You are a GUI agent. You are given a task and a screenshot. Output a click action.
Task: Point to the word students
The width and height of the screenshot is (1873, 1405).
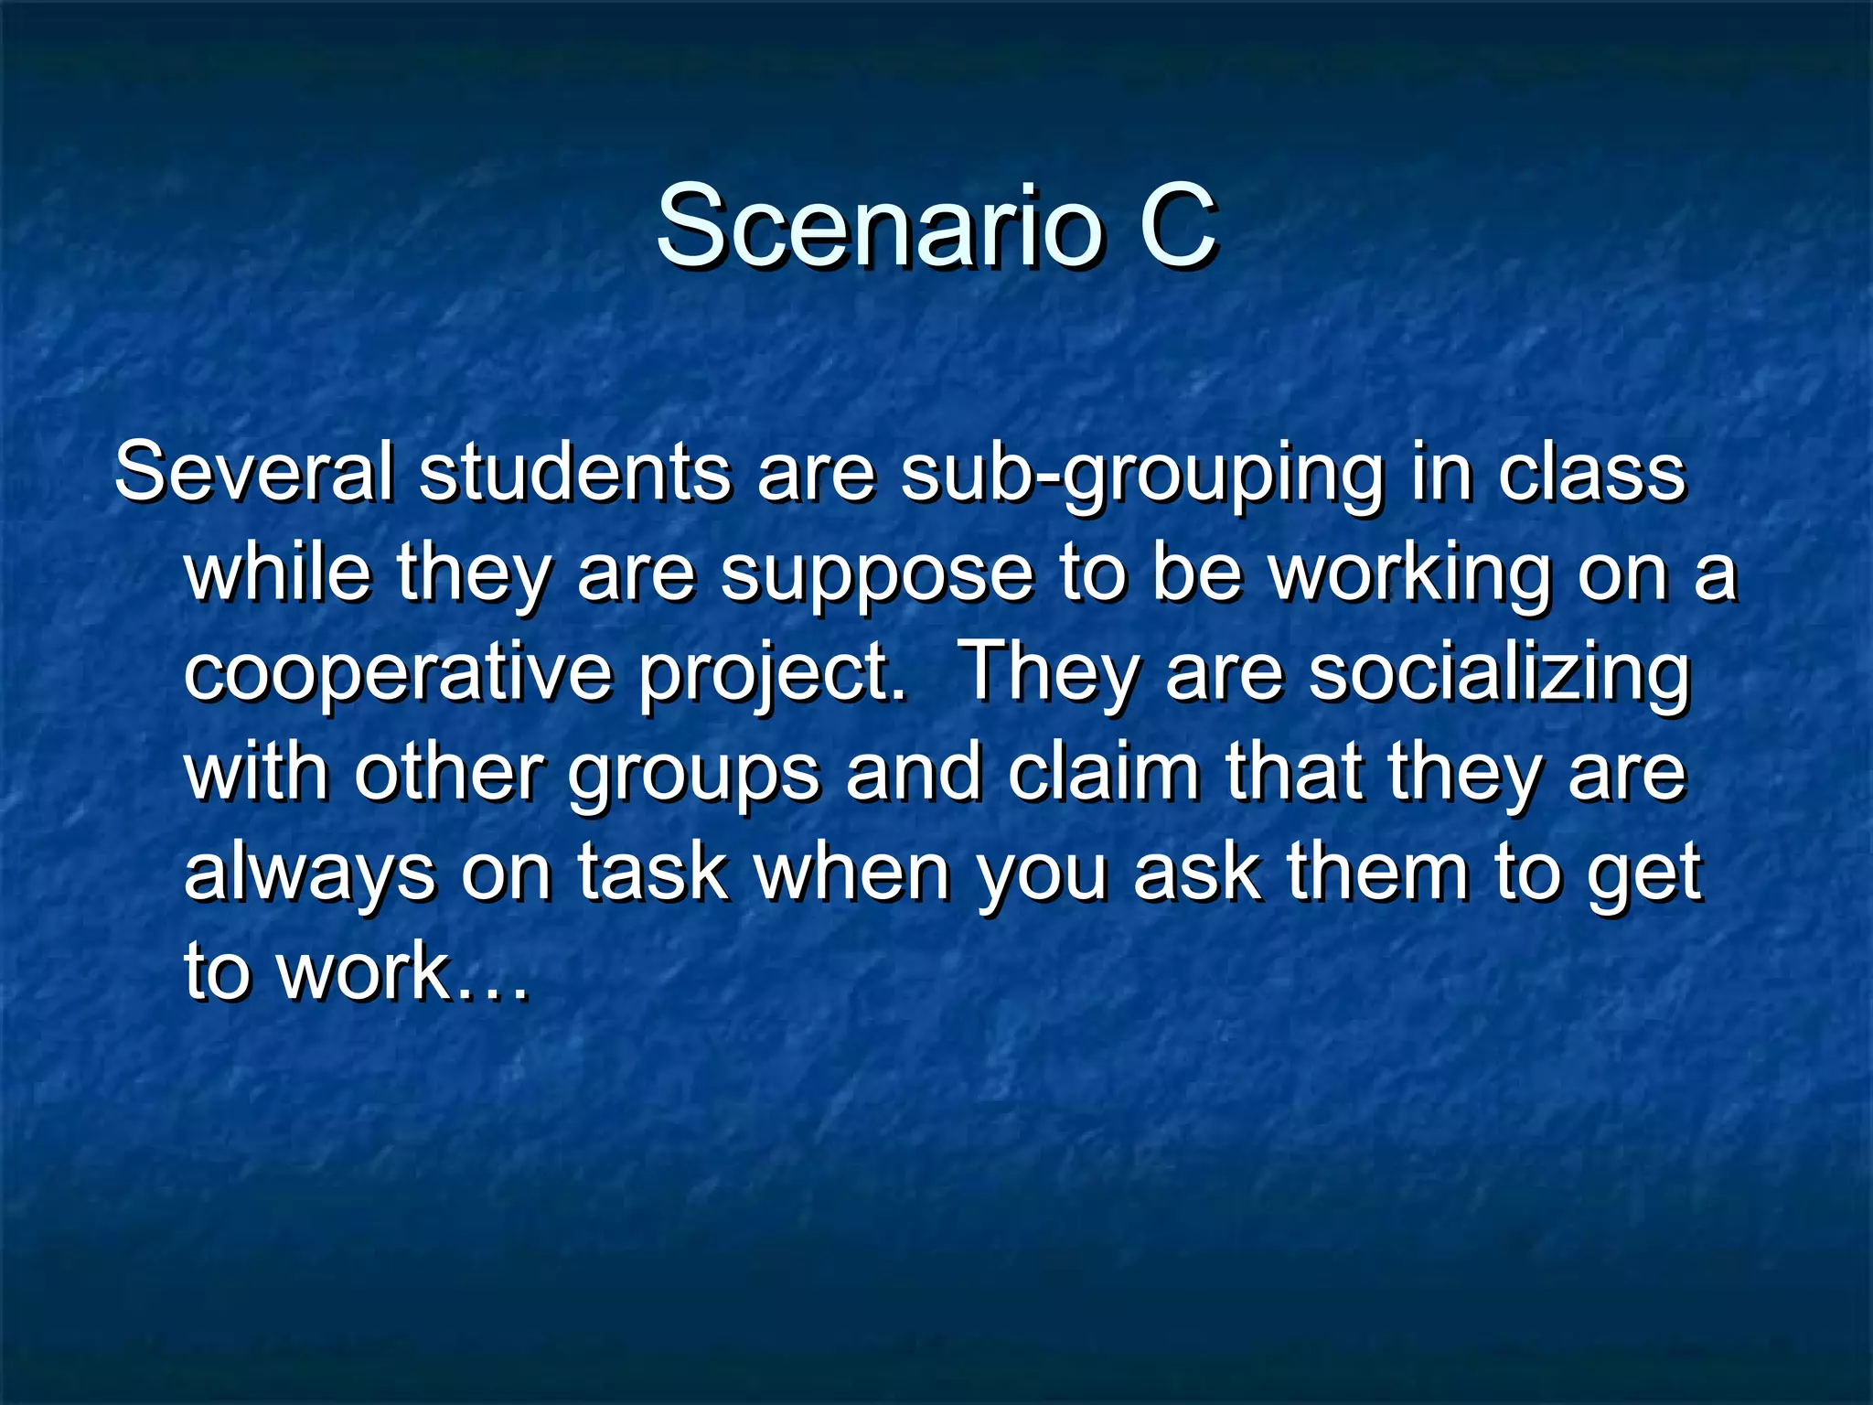tap(574, 472)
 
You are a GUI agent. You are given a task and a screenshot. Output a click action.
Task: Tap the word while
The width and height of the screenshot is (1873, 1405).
tap(278, 573)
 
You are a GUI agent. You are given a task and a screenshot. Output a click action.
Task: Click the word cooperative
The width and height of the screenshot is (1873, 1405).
tap(397, 675)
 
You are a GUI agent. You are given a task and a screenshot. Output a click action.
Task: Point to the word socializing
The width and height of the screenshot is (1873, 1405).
tap(1500, 675)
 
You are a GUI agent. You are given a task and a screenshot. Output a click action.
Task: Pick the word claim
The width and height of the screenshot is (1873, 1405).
tap(1104, 773)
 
